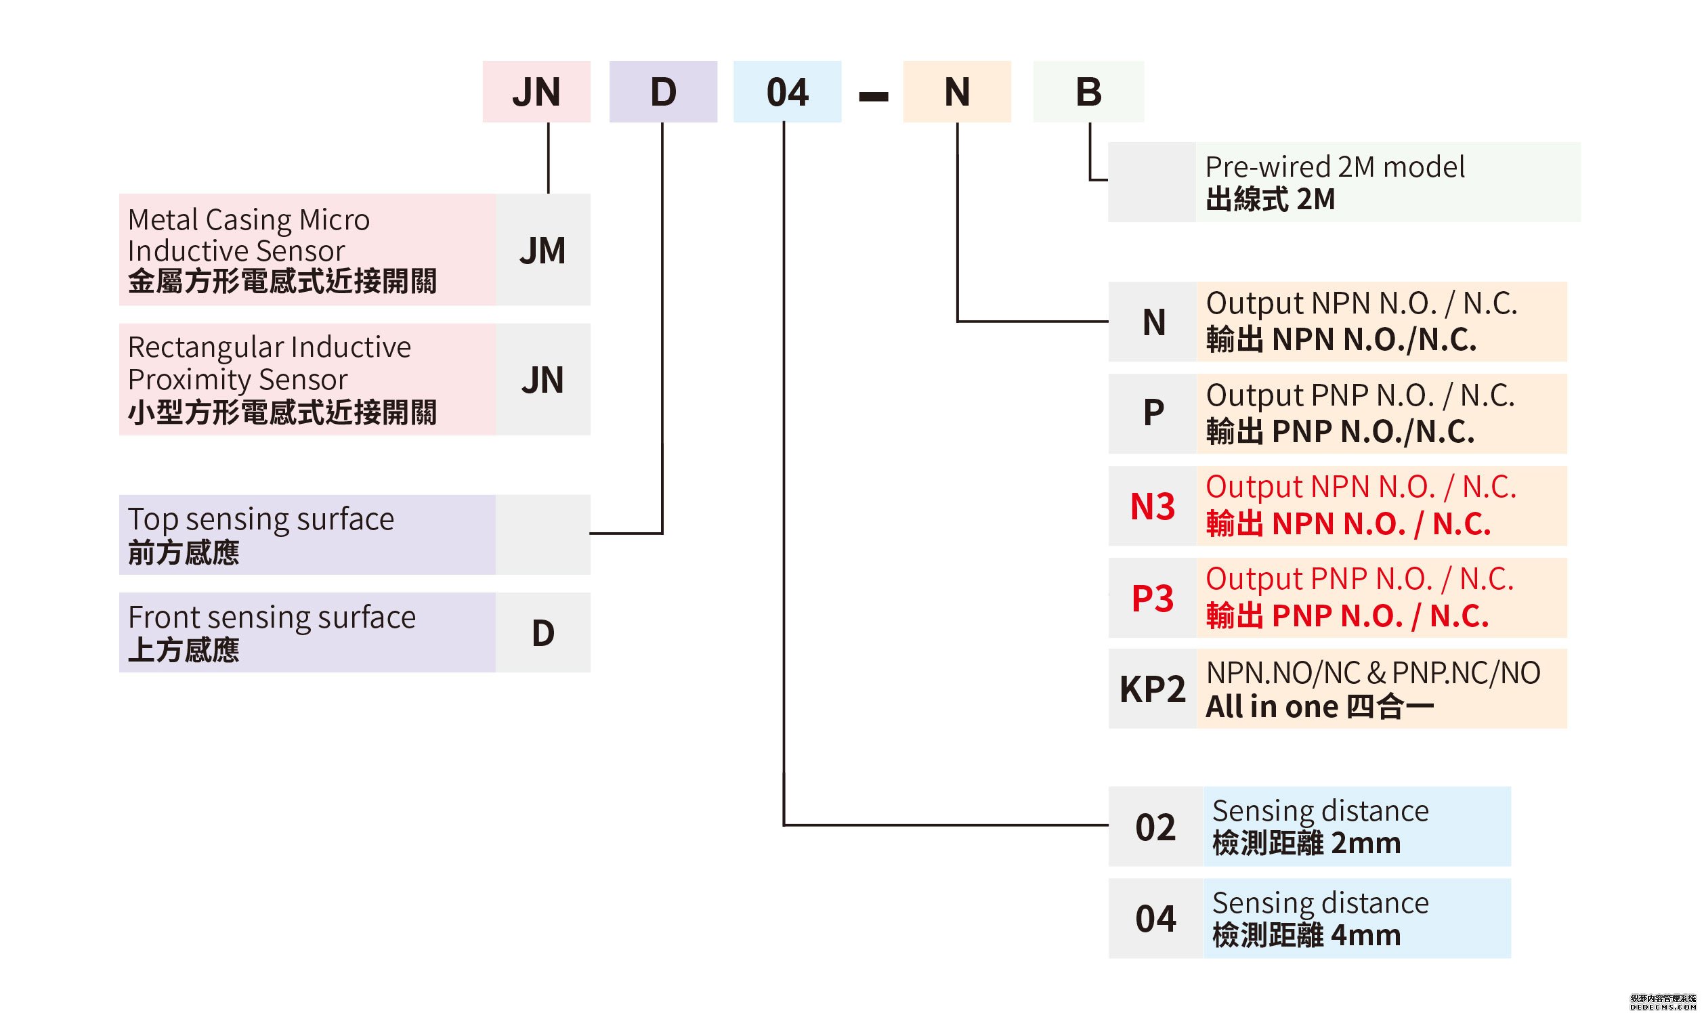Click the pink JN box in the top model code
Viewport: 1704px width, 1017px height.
(536, 92)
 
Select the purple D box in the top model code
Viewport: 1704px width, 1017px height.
(663, 92)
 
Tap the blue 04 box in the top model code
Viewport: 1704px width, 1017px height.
(787, 92)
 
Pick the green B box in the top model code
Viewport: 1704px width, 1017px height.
(1088, 92)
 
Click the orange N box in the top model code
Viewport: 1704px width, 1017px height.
(956, 92)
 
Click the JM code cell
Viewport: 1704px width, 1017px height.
(542, 250)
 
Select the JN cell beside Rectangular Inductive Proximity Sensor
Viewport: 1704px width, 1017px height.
(542, 380)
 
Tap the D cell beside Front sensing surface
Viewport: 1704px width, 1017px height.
(542, 632)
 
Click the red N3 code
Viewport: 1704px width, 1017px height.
(1152, 506)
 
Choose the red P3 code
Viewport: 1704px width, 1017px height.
(1152, 599)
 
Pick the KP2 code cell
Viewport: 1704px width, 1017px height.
(1152, 689)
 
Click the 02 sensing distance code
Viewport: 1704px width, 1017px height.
(1155, 827)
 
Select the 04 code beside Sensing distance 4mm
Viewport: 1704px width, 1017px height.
(1155, 918)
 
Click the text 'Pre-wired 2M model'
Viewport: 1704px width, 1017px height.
(1334, 167)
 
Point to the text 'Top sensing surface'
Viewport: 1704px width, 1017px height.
(261, 519)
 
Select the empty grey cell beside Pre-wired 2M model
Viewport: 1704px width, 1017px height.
(1151, 182)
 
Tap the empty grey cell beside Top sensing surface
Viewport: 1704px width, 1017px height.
(542, 534)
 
